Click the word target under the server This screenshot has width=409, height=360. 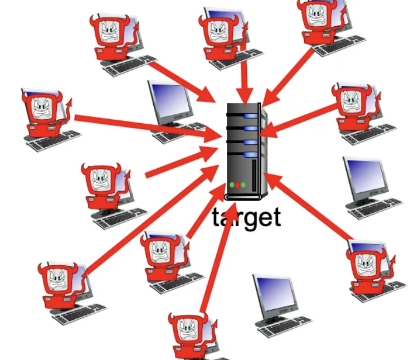click(246, 217)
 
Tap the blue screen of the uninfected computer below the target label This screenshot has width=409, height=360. click(274, 293)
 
